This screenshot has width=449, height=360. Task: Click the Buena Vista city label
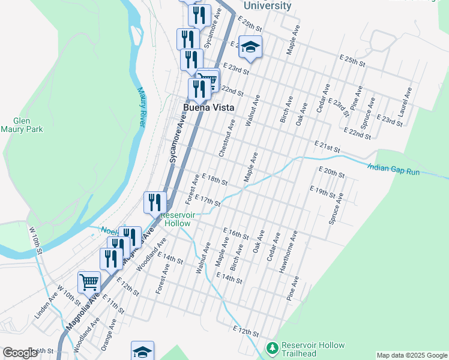208,109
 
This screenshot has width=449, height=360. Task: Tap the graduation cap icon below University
250,47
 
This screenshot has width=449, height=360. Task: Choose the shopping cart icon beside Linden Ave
89,281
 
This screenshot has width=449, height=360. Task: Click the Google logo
20,353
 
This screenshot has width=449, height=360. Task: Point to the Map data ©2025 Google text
411,355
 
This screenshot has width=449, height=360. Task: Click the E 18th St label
215,179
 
